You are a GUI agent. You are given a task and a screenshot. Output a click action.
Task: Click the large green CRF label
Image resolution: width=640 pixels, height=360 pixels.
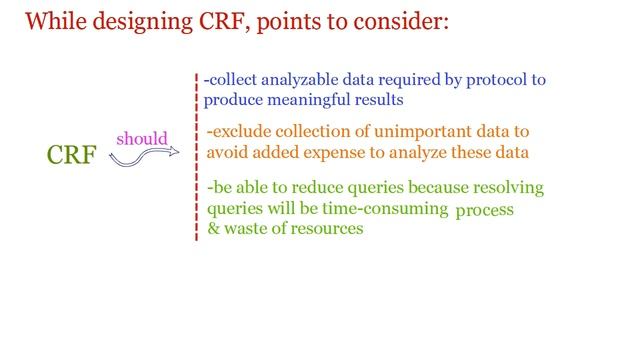[72, 156]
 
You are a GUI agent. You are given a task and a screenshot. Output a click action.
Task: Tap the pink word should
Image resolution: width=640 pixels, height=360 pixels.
[142, 138]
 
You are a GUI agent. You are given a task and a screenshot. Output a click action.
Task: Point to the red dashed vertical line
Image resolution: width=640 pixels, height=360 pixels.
[196, 160]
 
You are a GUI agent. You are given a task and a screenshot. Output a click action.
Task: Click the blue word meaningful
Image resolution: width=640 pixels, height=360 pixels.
[313, 100]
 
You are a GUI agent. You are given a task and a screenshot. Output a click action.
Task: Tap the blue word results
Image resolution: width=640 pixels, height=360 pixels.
[380, 100]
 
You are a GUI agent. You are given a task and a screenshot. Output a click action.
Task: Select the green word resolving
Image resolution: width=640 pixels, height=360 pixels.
[509, 188]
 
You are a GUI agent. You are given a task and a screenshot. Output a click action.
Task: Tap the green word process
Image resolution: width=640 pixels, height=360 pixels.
[484, 211]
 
